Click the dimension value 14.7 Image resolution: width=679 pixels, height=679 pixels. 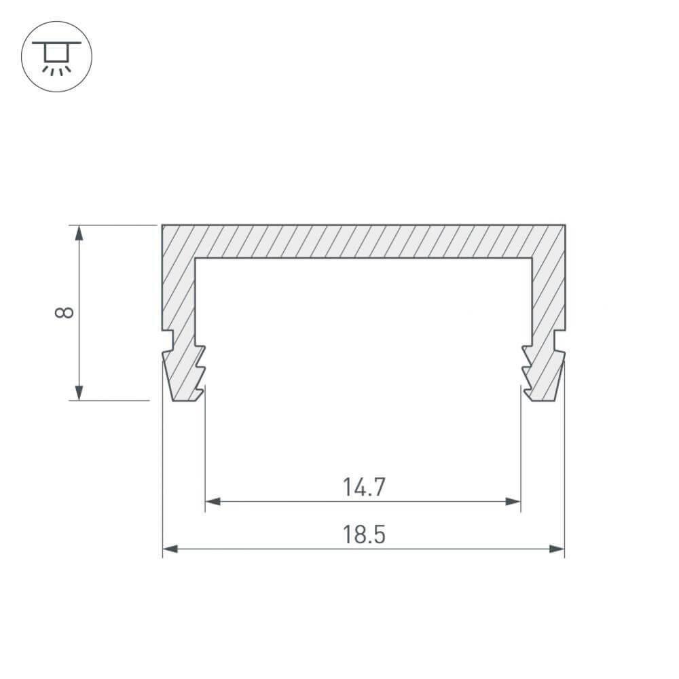pos(363,487)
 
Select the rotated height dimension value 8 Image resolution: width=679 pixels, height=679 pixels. pos(64,312)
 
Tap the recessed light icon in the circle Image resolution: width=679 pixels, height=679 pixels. pos(56,58)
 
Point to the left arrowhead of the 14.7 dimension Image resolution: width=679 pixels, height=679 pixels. pos(213,502)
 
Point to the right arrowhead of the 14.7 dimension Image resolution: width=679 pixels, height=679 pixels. pos(513,502)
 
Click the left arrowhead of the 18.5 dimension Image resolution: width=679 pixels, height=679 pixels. pos(170,549)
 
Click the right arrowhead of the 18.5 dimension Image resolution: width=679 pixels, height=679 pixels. pos(557,549)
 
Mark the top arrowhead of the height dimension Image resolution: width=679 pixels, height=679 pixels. pos(79,233)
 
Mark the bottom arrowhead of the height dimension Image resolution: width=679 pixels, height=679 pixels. pos(79,392)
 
